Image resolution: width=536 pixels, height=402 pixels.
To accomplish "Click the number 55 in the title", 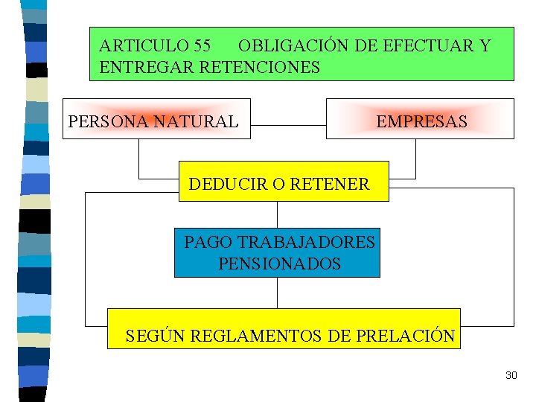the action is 200,46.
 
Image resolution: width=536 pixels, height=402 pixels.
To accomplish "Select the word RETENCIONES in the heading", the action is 261,68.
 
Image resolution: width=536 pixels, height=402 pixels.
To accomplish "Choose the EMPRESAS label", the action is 421,121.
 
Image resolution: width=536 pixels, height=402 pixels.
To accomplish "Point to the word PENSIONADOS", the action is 279,264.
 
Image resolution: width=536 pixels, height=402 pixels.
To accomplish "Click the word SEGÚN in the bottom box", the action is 155,336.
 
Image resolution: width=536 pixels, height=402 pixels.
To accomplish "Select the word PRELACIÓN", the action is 405,336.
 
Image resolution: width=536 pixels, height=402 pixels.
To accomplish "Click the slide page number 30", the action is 511,375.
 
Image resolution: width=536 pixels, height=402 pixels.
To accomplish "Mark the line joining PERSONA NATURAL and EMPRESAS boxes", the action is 288,126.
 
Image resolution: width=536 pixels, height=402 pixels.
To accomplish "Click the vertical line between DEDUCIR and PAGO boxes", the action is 278,214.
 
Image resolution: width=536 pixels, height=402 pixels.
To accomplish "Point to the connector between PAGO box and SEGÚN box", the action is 278,293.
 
